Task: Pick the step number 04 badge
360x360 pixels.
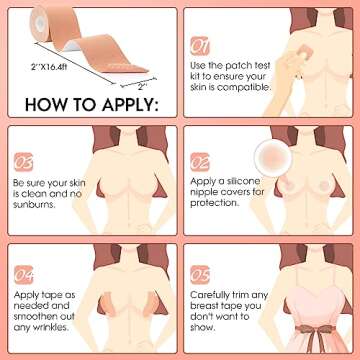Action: pos(22,272)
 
